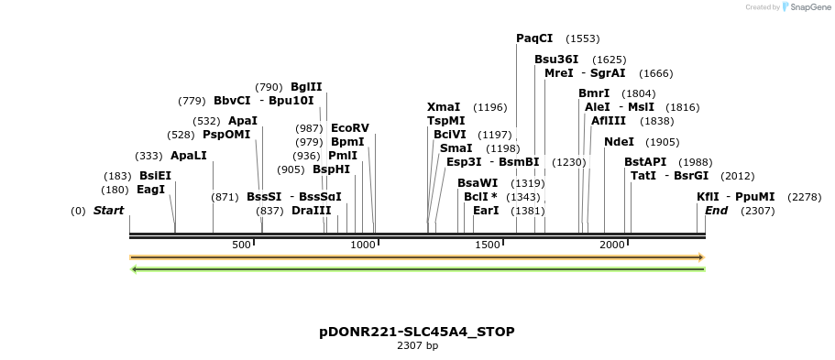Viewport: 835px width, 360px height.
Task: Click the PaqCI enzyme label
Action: coord(534,38)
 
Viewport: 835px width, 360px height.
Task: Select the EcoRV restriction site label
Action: coord(349,128)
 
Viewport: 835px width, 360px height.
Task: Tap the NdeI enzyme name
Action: coord(619,142)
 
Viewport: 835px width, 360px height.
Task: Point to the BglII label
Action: coord(306,87)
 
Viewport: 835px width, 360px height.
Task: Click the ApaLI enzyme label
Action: coord(189,156)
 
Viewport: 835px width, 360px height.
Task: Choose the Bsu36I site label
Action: coord(556,60)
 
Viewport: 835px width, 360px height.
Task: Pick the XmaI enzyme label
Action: coord(444,107)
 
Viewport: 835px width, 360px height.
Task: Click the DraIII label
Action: coord(311,211)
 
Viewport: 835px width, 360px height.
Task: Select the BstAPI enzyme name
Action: coord(645,162)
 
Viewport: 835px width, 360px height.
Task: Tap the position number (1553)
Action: coord(583,38)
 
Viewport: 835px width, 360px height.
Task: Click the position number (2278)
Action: coord(805,197)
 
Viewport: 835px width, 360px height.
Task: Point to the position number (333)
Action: coord(148,156)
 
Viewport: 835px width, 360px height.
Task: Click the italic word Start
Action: coord(108,211)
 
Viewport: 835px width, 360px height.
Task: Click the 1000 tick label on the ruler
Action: coord(364,245)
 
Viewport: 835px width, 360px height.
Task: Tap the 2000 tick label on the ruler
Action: coord(611,245)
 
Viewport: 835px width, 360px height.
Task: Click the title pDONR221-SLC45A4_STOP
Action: coord(417,332)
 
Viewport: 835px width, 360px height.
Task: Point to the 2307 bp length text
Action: coord(417,345)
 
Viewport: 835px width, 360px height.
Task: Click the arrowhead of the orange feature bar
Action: coord(701,257)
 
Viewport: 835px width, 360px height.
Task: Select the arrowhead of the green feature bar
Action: coord(135,269)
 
